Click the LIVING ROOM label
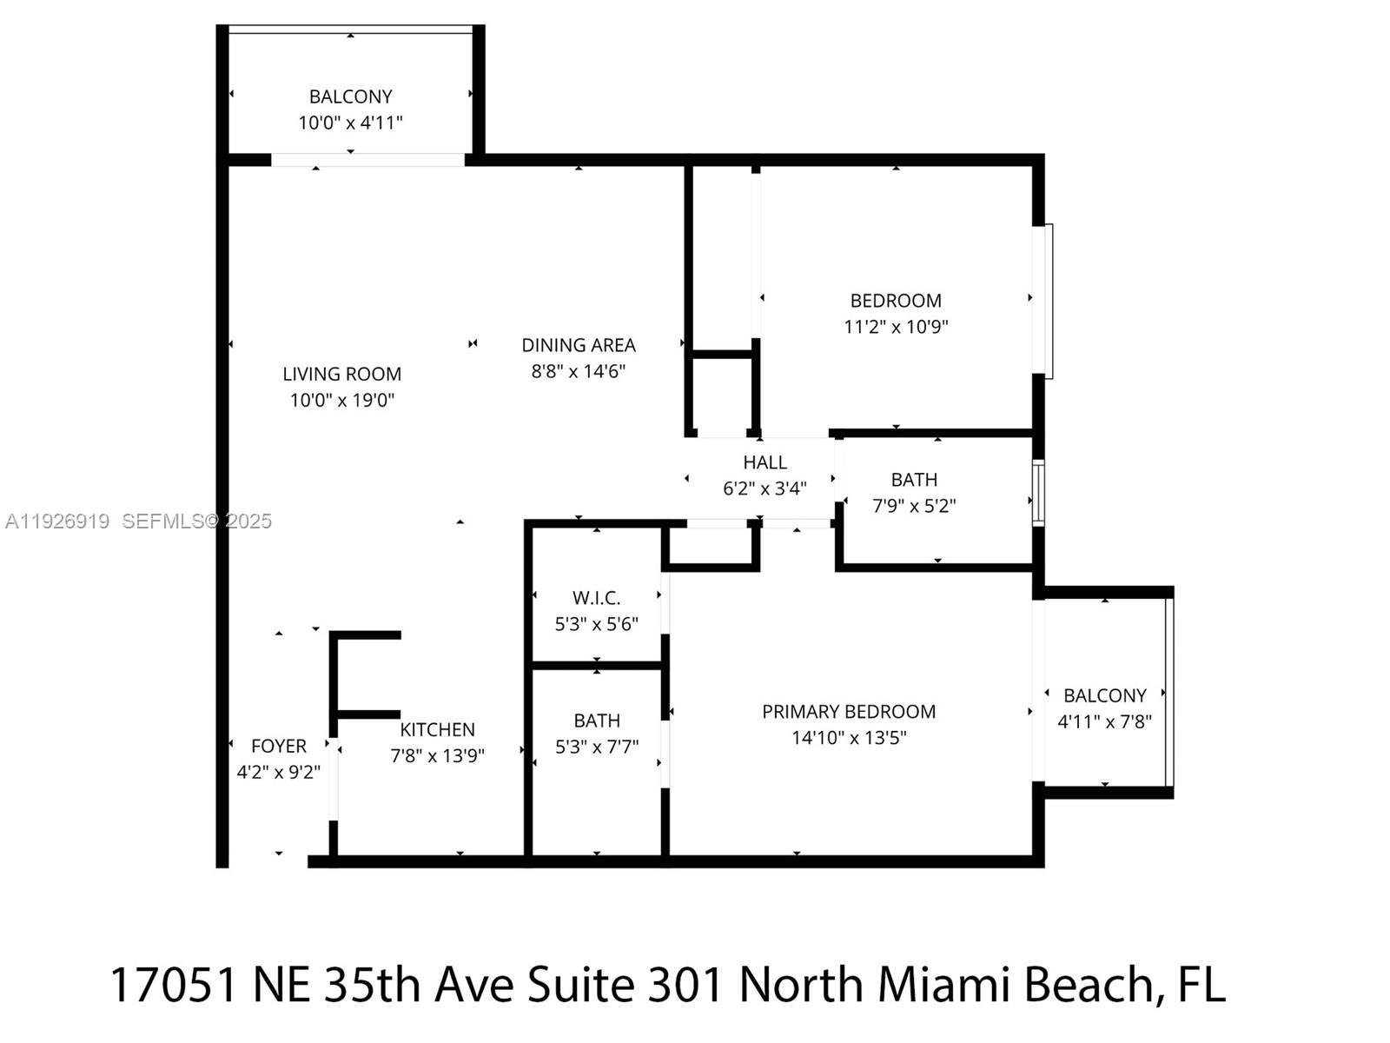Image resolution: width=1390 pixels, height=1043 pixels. click(341, 374)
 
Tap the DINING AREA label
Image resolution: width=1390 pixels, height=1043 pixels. click(579, 345)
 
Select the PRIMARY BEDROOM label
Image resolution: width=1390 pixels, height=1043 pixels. click(849, 712)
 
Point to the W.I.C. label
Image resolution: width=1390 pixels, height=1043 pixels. click(596, 598)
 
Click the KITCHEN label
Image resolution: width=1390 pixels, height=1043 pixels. click(437, 729)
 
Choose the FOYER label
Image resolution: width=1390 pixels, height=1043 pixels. click(278, 746)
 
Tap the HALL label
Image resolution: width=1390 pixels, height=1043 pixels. click(764, 462)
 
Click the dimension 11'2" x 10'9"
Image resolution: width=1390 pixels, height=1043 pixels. click(896, 327)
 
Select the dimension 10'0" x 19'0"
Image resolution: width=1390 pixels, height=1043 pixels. click(341, 401)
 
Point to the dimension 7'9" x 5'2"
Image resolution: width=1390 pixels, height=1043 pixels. click(914, 506)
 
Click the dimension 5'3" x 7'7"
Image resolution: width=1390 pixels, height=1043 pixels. click(597, 747)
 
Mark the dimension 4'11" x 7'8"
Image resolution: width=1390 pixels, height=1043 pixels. click(1104, 721)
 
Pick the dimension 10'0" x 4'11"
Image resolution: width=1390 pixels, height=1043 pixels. click(350, 123)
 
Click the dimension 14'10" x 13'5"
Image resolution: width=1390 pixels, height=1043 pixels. click(849, 738)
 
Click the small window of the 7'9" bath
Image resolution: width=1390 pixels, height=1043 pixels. click(1038, 493)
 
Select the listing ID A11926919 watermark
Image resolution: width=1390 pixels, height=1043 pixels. click(57, 521)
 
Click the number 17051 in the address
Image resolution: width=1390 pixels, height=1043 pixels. click(174, 986)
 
